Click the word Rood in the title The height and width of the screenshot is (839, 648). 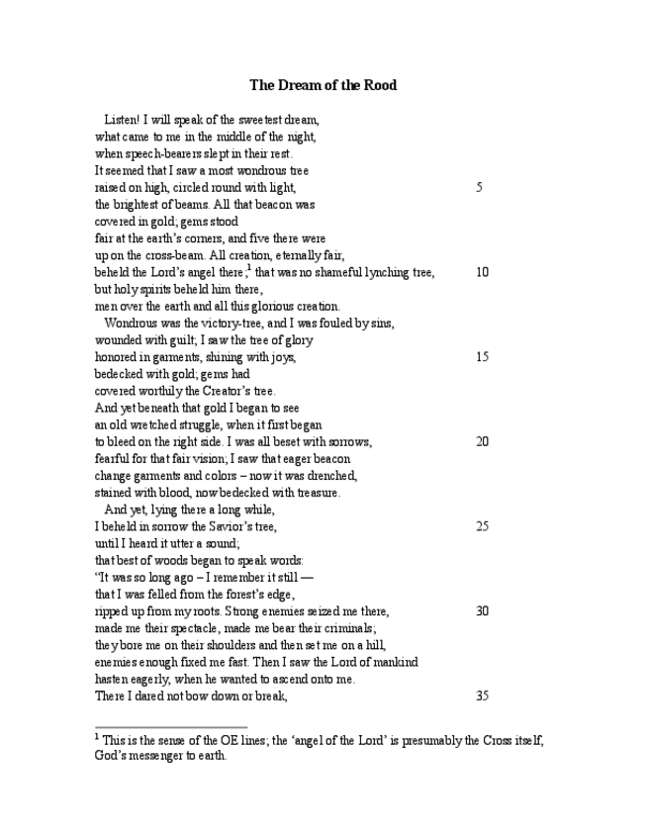point(380,85)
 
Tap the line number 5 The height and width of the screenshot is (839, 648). point(479,187)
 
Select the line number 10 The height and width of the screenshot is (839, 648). point(482,272)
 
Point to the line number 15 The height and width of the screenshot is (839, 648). point(482,356)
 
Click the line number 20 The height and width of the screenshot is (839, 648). point(482,441)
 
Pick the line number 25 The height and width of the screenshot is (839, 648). point(482,526)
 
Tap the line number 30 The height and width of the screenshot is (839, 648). point(482,610)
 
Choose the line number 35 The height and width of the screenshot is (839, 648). point(482,696)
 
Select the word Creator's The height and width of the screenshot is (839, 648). point(204,391)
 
